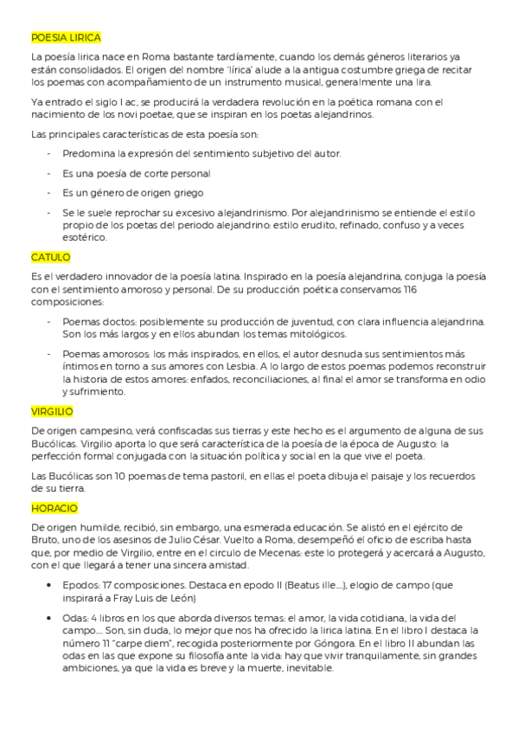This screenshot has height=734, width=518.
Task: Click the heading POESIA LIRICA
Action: pos(66,39)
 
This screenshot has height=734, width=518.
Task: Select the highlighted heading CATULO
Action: pos(50,257)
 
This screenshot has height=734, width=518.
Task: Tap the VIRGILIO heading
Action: pos(52,411)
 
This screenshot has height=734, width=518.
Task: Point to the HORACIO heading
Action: pos(54,507)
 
